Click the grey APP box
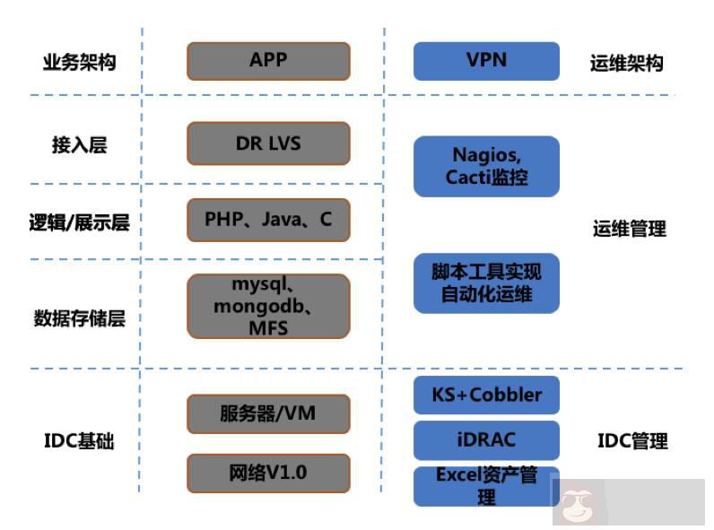click(x=268, y=60)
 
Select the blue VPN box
click(x=486, y=60)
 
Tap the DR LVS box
click(x=268, y=143)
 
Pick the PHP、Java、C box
click(x=268, y=220)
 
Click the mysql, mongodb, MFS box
click(x=268, y=306)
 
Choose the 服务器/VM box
click(x=268, y=413)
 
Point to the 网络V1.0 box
click(x=268, y=473)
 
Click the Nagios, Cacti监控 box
click(x=486, y=166)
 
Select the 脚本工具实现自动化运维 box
click(x=486, y=282)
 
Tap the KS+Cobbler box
click(x=486, y=395)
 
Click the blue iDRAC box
click(x=486, y=439)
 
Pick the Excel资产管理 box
click(x=486, y=485)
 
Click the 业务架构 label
click(x=79, y=63)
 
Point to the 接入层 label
click(x=79, y=145)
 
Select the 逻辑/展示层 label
click(x=79, y=222)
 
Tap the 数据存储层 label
click(x=79, y=318)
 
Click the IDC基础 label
click(x=79, y=441)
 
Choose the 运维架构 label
click(x=626, y=64)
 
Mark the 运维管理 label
click(x=630, y=229)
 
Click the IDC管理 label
click(x=632, y=441)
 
